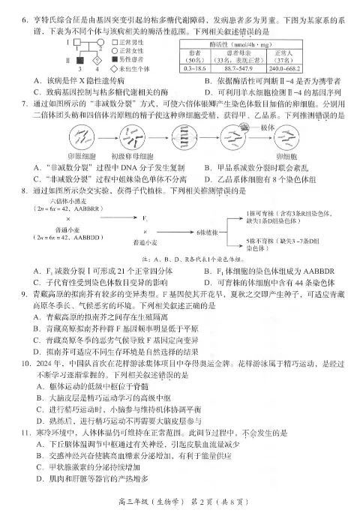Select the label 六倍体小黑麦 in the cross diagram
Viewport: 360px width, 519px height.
[70, 202]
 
